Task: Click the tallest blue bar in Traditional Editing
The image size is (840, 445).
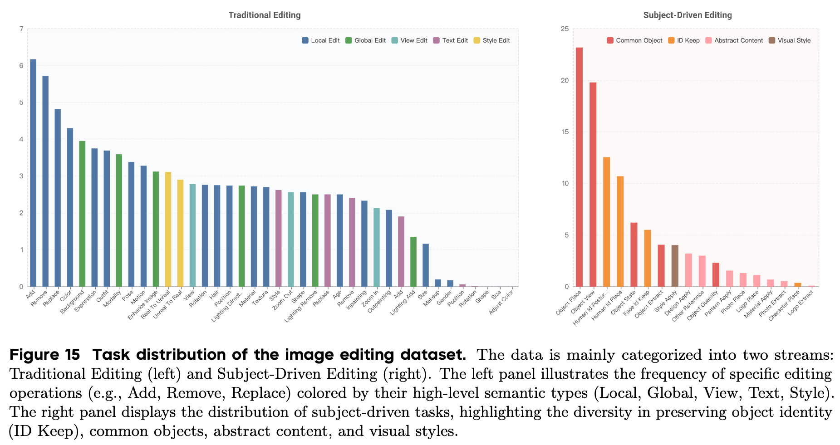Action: coord(33,172)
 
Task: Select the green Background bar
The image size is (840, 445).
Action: coord(82,214)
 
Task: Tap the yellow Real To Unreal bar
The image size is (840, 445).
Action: coord(168,229)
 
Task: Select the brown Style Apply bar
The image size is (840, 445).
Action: coord(675,266)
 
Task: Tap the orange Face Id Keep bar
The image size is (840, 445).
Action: coord(648,258)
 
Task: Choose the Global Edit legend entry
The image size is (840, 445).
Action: coord(365,40)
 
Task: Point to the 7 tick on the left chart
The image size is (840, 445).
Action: coord(21,29)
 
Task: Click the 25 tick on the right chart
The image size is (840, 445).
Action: coord(564,29)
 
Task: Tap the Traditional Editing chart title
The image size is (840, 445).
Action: coord(265,15)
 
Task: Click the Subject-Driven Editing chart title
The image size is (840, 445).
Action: coord(688,15)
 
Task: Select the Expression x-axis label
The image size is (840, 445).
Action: coord(86,301)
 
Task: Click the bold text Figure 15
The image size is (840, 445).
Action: coord(44,354)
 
